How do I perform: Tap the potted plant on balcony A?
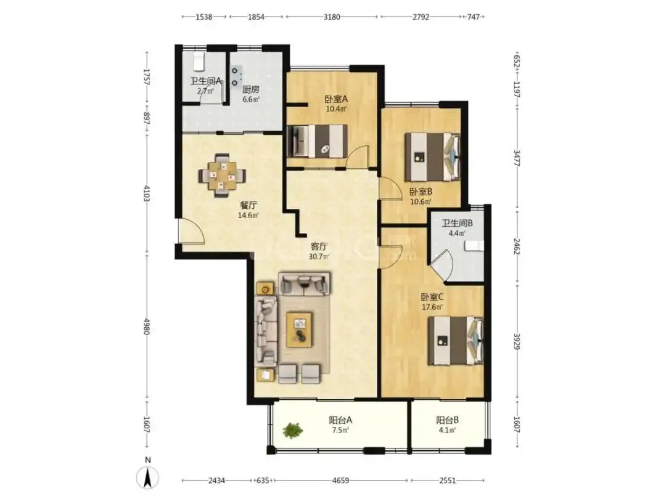[293, 430]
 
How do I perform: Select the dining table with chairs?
[222, 175]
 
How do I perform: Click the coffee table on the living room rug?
[300, 330]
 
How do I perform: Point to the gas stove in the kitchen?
[236, 76]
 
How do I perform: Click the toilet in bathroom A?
[199, 62]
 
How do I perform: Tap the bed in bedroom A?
[317, 141]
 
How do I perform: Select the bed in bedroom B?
[432, 157]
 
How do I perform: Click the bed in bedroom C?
[456, 341]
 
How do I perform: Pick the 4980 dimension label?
[147, 326]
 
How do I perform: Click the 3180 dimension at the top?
[332, 17]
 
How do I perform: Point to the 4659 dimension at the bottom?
[340, 481]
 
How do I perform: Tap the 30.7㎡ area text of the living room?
[319, 257]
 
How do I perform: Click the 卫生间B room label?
[457, 223]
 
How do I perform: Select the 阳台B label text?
[447, 421]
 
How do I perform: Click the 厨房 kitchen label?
[251, 89]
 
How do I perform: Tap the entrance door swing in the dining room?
[191, 231]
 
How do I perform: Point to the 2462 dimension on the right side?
[517, 246]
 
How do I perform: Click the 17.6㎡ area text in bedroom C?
[432, 307]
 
